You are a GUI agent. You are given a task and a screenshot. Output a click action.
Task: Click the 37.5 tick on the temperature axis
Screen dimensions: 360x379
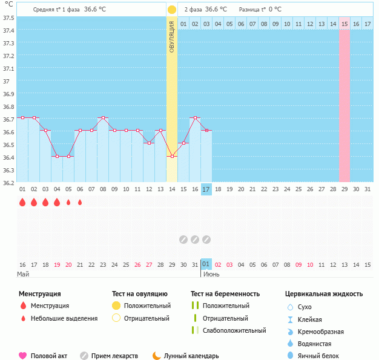pyautogui.click(x=8, y=18)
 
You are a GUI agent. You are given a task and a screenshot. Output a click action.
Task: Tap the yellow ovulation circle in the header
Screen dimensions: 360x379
pyautogui.click(x=172, y=10)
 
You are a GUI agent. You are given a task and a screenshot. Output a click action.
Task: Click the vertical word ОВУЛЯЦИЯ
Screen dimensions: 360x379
pyautogui.click(x=172, y=36)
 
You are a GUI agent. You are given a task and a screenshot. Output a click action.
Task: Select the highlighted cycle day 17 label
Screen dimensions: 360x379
pyautogui.click(x=206, y=189)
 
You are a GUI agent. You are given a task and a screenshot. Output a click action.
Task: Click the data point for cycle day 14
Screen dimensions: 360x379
pyautogui.click(x=172, y=157)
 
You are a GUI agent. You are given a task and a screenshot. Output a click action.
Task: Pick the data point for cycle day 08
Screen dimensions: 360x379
pyautogui.click(x=103, y=118)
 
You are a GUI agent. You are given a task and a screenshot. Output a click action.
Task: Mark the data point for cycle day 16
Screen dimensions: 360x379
pyautogui.click(x=195, y=118)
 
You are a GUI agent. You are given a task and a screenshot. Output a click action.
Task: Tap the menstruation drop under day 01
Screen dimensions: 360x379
pyautogui.click(x=22, y=202)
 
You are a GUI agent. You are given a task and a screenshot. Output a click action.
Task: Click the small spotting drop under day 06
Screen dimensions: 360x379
pyautogui.click(x=80, y=202)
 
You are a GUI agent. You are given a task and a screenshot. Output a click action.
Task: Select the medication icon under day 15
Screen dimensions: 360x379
pyautogui.click(x=183, y=240)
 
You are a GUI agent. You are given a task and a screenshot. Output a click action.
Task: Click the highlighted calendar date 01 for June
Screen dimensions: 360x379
pyautogui.click(x=206, y=264)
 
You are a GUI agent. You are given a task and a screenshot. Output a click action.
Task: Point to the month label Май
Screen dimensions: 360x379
pyautogui.click(x=23, y=274)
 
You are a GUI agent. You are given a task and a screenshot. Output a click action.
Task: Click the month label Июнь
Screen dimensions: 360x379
pyautogui.click(x=211, y=274)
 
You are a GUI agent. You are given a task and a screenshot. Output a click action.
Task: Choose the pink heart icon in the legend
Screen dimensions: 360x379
pyautogui.click(x=23, y=356)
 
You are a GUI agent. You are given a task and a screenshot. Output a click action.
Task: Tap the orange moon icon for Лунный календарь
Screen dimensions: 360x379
pyautogui.click(x=157, y=356)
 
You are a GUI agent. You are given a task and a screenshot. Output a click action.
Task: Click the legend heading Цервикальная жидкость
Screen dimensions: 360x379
pyautogui.click(x=324, y=293)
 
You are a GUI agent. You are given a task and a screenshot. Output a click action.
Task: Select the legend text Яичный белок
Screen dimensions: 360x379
pyautogui.click(x=321, y=356)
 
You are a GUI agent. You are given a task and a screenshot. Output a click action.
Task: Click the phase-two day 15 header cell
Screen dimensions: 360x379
pyautogui.click(x=344, y=24)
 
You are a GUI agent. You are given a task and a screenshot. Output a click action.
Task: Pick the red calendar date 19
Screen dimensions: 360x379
pyautogui.click(x=57, y=264)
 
